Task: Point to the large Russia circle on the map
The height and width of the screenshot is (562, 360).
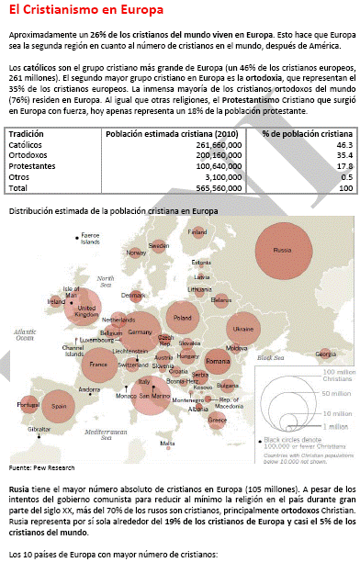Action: [x=283, y=251]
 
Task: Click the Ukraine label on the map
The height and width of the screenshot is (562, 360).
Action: [x=243, y=328]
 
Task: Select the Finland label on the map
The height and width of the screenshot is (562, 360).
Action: [x=197, y=231]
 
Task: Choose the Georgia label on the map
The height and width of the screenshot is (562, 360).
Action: [x=324, y=354]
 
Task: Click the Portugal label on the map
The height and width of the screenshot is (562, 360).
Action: [x=27, y=404]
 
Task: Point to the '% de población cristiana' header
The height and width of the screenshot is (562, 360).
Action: [x=307, y=134]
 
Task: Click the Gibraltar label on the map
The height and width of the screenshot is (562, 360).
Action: [x=39, y=429]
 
